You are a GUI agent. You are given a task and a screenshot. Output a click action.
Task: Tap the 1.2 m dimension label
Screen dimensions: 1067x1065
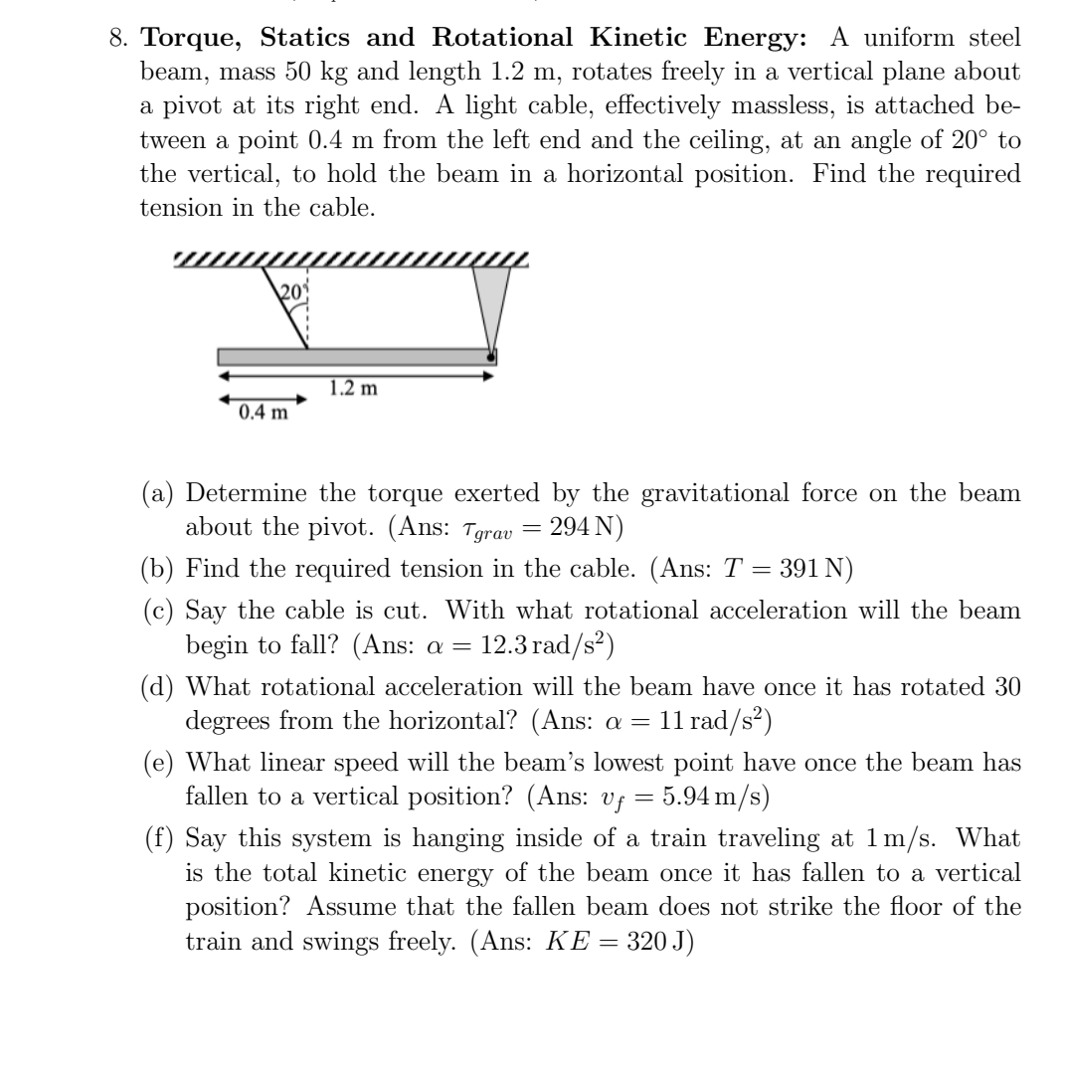[x=354, y=388]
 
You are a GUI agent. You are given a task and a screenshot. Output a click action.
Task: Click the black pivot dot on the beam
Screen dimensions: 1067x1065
[x=490, y=354]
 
